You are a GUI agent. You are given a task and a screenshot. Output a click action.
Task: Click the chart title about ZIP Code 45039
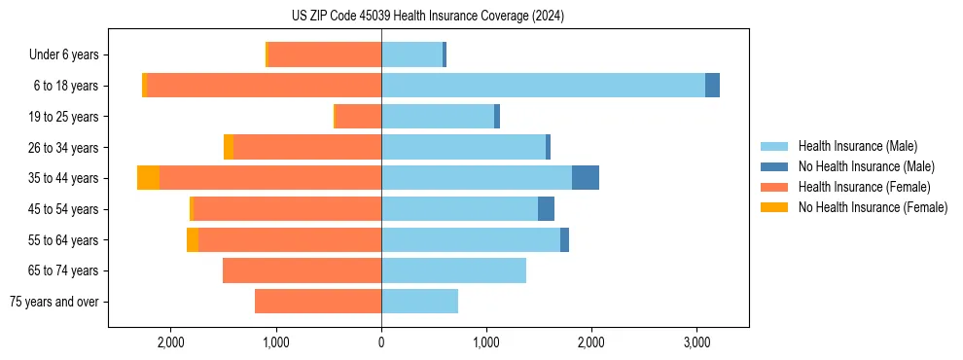[x=428, y=17]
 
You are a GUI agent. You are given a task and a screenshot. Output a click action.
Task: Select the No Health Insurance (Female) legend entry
[x=873, y=207]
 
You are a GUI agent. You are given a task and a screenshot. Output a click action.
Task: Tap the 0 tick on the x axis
[x=381, y=342]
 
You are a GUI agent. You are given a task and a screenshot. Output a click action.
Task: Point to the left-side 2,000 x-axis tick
[x=171, y=342]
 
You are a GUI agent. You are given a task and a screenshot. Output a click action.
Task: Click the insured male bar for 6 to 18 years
[x=543, y=86]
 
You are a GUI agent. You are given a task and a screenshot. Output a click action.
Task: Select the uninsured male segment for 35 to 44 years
[x=586, y=178]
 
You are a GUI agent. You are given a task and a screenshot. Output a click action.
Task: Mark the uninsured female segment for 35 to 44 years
[x=148, y=178]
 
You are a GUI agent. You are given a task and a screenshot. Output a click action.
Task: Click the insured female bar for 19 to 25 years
[x=358, y=117]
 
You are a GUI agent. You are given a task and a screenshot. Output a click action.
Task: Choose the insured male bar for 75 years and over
[x=419, y=302]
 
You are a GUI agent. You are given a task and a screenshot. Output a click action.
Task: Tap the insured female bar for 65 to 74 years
[x=302, y=270]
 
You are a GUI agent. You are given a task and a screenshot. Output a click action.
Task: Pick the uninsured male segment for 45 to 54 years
[x=546, y=209]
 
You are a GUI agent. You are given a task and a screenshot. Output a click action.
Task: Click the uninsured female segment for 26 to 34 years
[x=229, y=147]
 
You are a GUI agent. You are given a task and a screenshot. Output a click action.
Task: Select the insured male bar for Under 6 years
[x=411, y=54]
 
